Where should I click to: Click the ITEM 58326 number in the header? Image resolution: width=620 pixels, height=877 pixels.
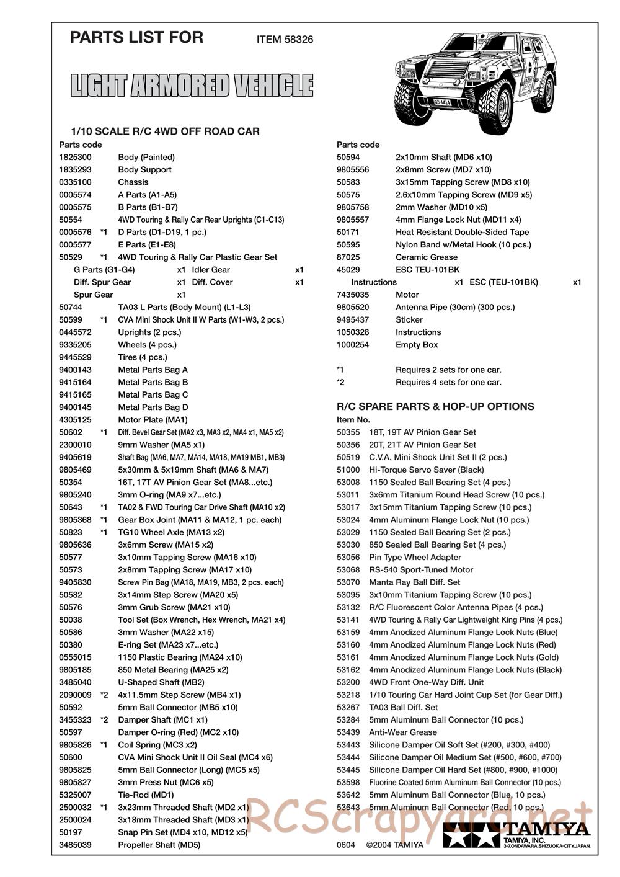tap(285, 40)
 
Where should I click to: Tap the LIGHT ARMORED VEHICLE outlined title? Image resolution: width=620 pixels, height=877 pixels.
tap(192, 86)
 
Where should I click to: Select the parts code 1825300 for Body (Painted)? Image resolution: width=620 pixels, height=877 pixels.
tap(75, 158)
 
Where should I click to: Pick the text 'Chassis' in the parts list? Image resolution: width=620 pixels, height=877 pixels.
tap(133, 182)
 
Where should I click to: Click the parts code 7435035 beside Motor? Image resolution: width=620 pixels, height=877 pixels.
tap(353, 295)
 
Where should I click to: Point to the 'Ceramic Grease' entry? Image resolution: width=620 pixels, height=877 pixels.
tap(427, 257)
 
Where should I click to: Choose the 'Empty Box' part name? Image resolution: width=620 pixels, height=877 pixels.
tap(417, 345)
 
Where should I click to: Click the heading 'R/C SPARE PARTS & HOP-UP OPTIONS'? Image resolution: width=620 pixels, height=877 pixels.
tap(435, 407)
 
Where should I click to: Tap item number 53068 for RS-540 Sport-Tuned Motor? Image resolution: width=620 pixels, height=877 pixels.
tap(348, 570)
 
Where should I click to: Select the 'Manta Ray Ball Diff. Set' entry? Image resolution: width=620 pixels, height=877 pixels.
tap(414, 582)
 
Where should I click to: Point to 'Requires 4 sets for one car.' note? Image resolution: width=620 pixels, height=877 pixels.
tap(448, 383)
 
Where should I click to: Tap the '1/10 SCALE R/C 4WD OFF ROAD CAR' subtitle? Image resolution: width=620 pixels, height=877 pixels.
tap(166, 131)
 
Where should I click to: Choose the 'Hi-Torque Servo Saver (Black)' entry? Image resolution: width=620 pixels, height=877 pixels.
tap(426, 470)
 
